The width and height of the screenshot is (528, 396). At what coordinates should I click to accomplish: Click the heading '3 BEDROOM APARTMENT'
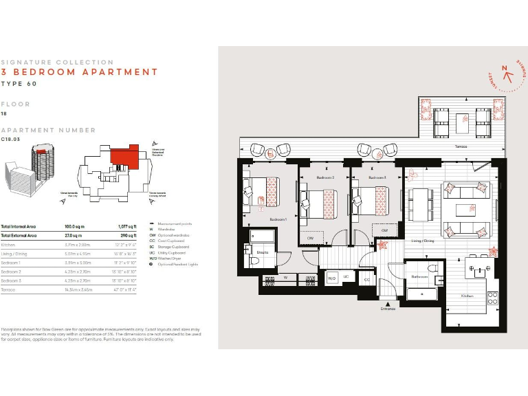79,71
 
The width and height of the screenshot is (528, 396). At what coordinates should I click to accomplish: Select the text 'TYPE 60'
19,84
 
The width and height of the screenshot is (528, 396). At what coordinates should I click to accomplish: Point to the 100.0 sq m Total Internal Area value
74,226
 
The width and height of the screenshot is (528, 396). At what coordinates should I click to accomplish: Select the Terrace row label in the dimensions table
9,290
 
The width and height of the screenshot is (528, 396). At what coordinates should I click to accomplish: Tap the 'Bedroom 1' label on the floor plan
278,219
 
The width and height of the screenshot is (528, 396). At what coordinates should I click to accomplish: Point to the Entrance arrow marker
388,303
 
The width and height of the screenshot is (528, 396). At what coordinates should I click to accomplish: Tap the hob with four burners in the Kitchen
492,298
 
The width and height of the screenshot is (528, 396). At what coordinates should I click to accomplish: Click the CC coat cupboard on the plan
367,279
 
